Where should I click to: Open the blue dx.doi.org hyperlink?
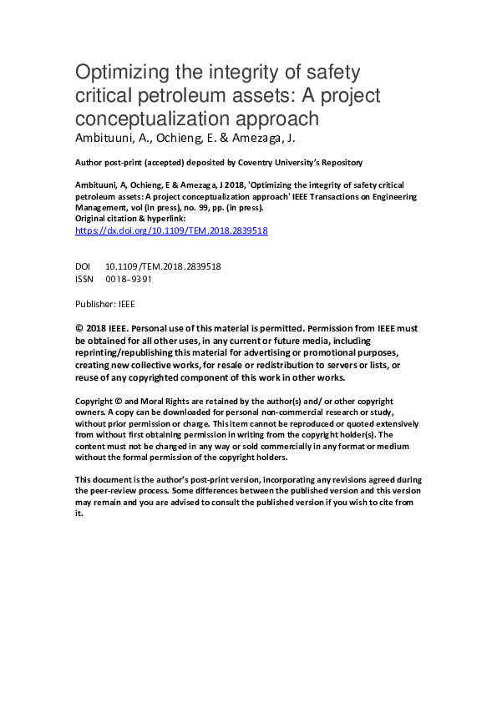click(x=171, y=230)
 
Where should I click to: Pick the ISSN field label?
click(x=85, y=279)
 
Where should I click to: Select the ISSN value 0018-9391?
click(x=129, y=279)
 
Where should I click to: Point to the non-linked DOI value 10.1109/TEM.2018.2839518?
click(x=163, y=266)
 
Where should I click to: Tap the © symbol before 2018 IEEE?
click(x=79, y=330)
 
